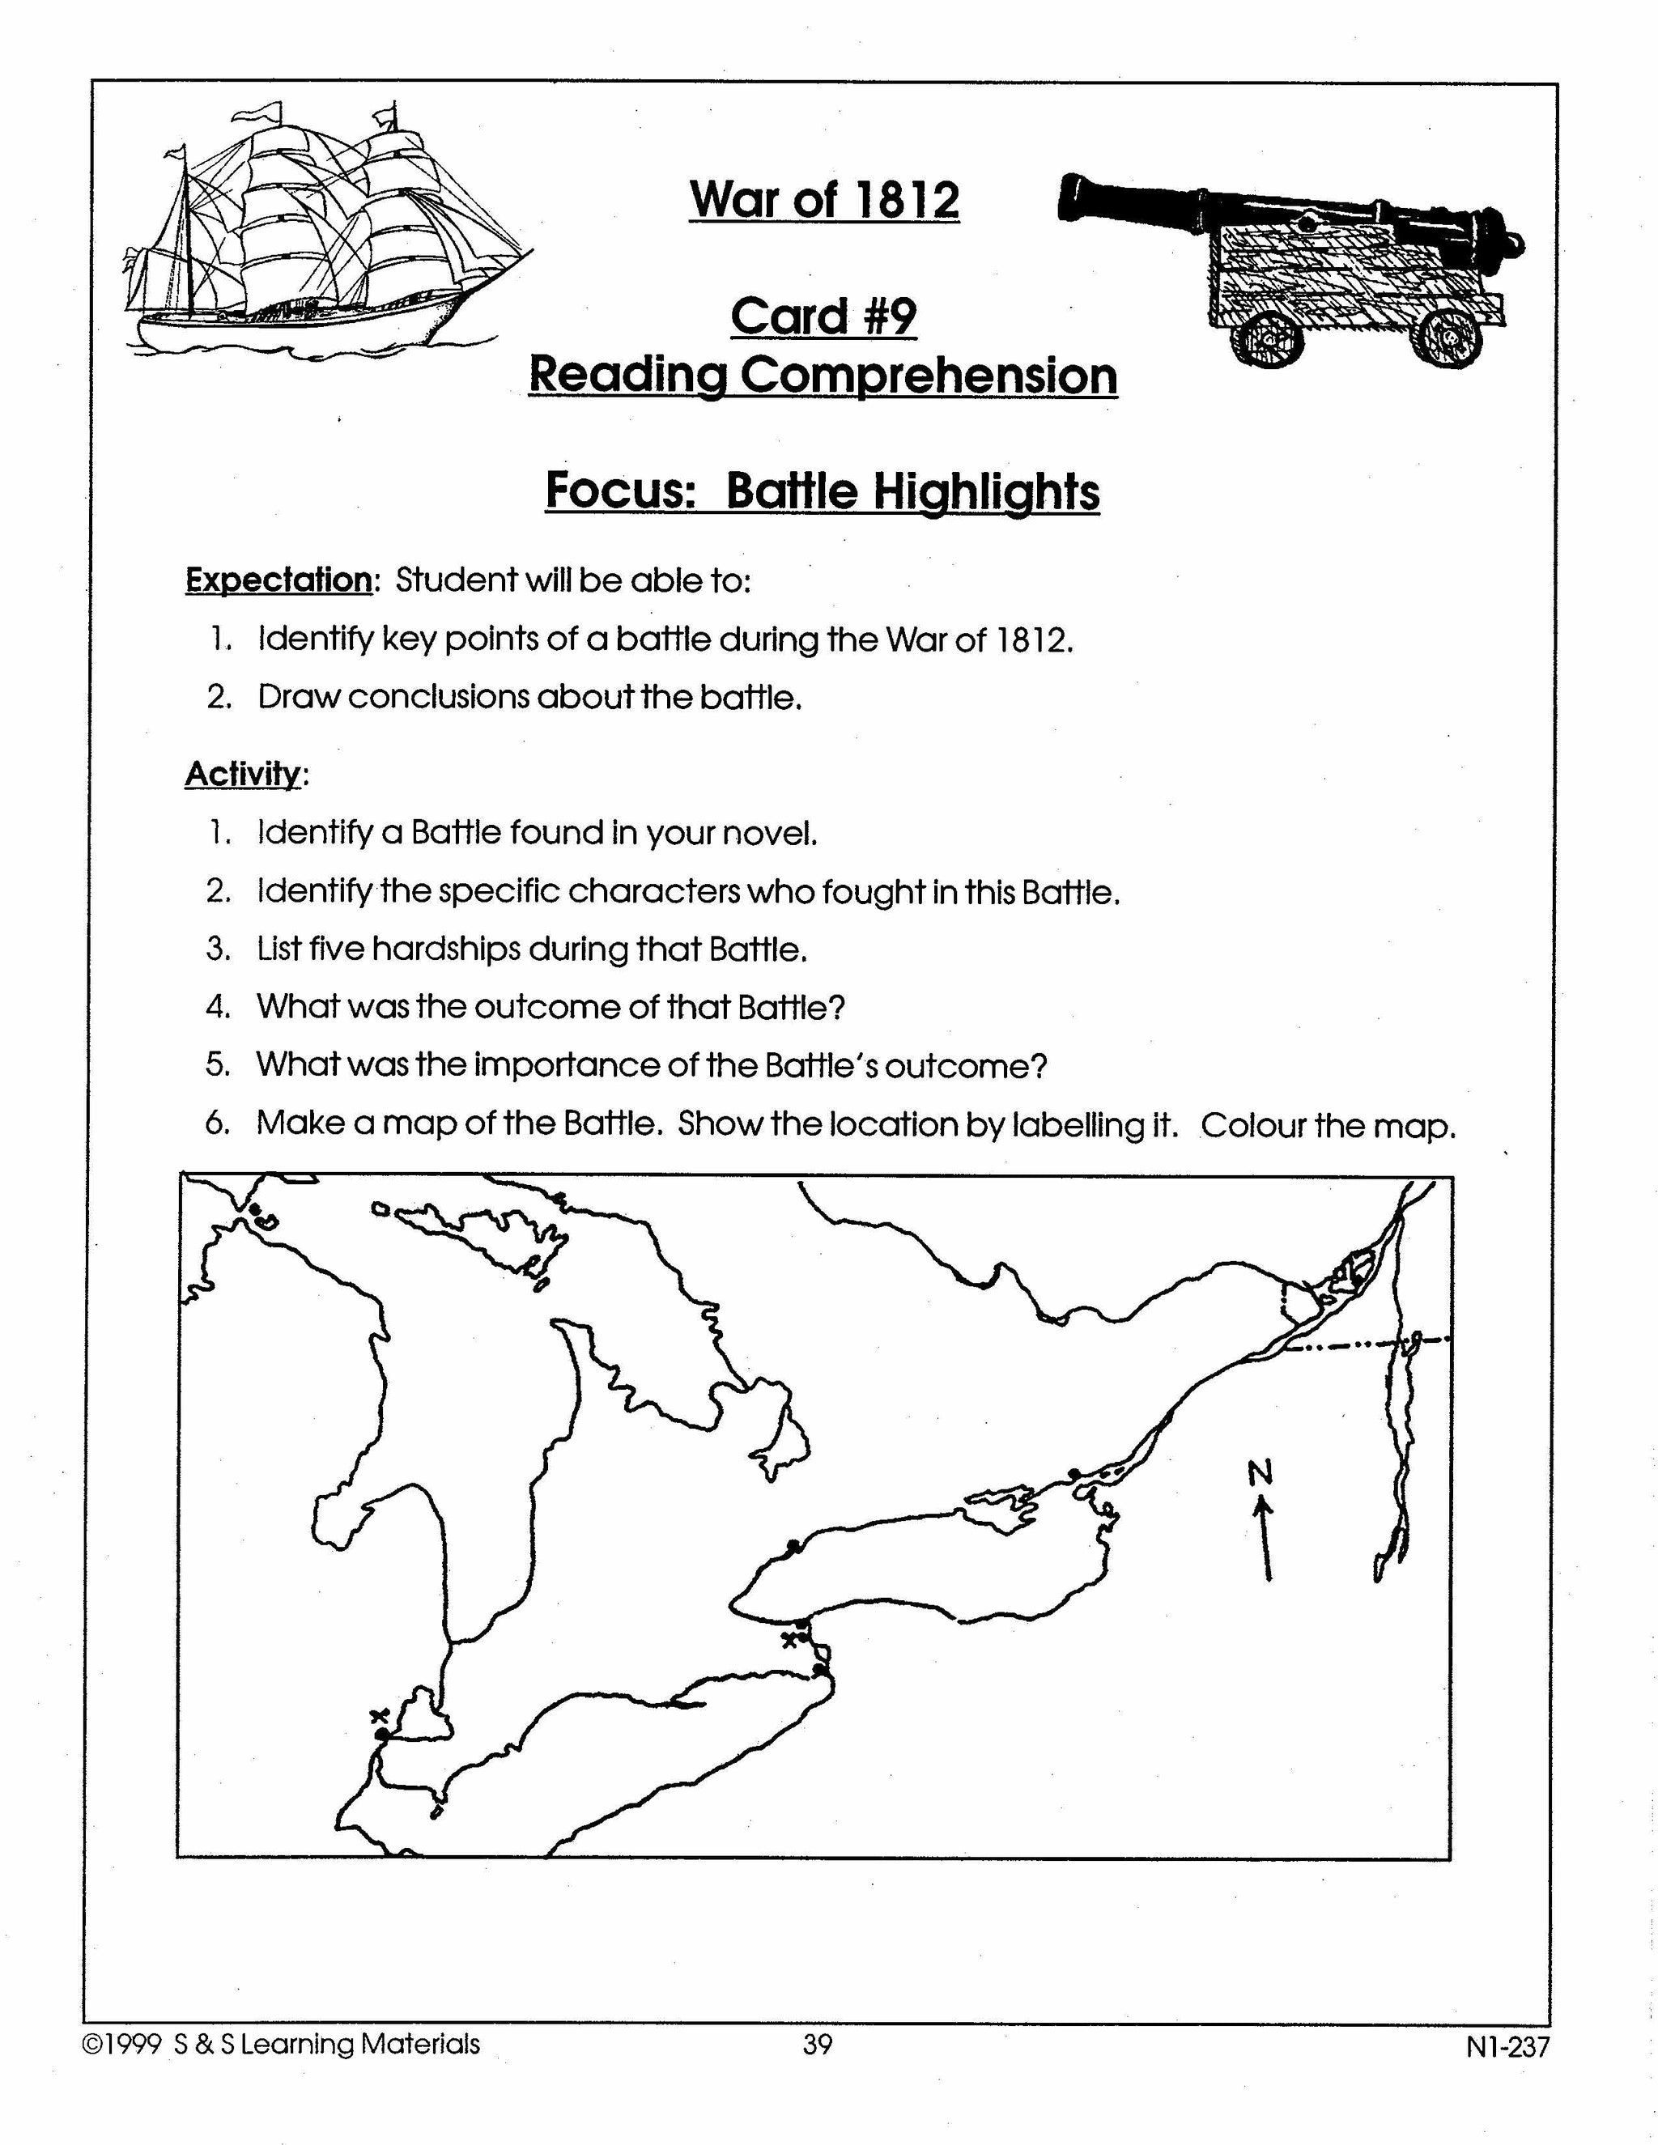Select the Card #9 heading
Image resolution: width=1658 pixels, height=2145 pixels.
point(823,316)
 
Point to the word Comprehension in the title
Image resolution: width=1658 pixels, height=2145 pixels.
point(929,376)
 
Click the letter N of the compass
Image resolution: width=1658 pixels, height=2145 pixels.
point(1261,1472)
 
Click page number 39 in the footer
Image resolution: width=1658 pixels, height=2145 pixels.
point(817,2045)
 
